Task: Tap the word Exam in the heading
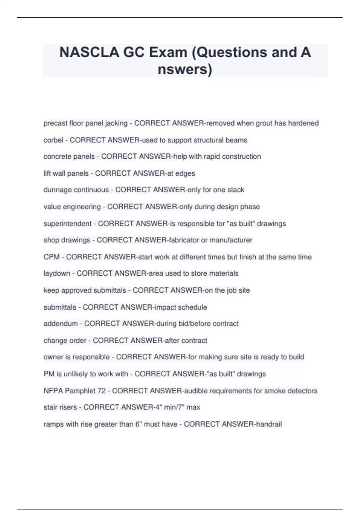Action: click(168, 52)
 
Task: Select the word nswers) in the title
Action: click(185, 69)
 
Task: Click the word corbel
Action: click(53, 140)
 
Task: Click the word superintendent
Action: click(67, 224)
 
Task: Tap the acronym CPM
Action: click(52, 257)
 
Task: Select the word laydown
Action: click(57, 274)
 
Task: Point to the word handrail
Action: click(268, 424)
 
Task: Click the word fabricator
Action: click(184, 240)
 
